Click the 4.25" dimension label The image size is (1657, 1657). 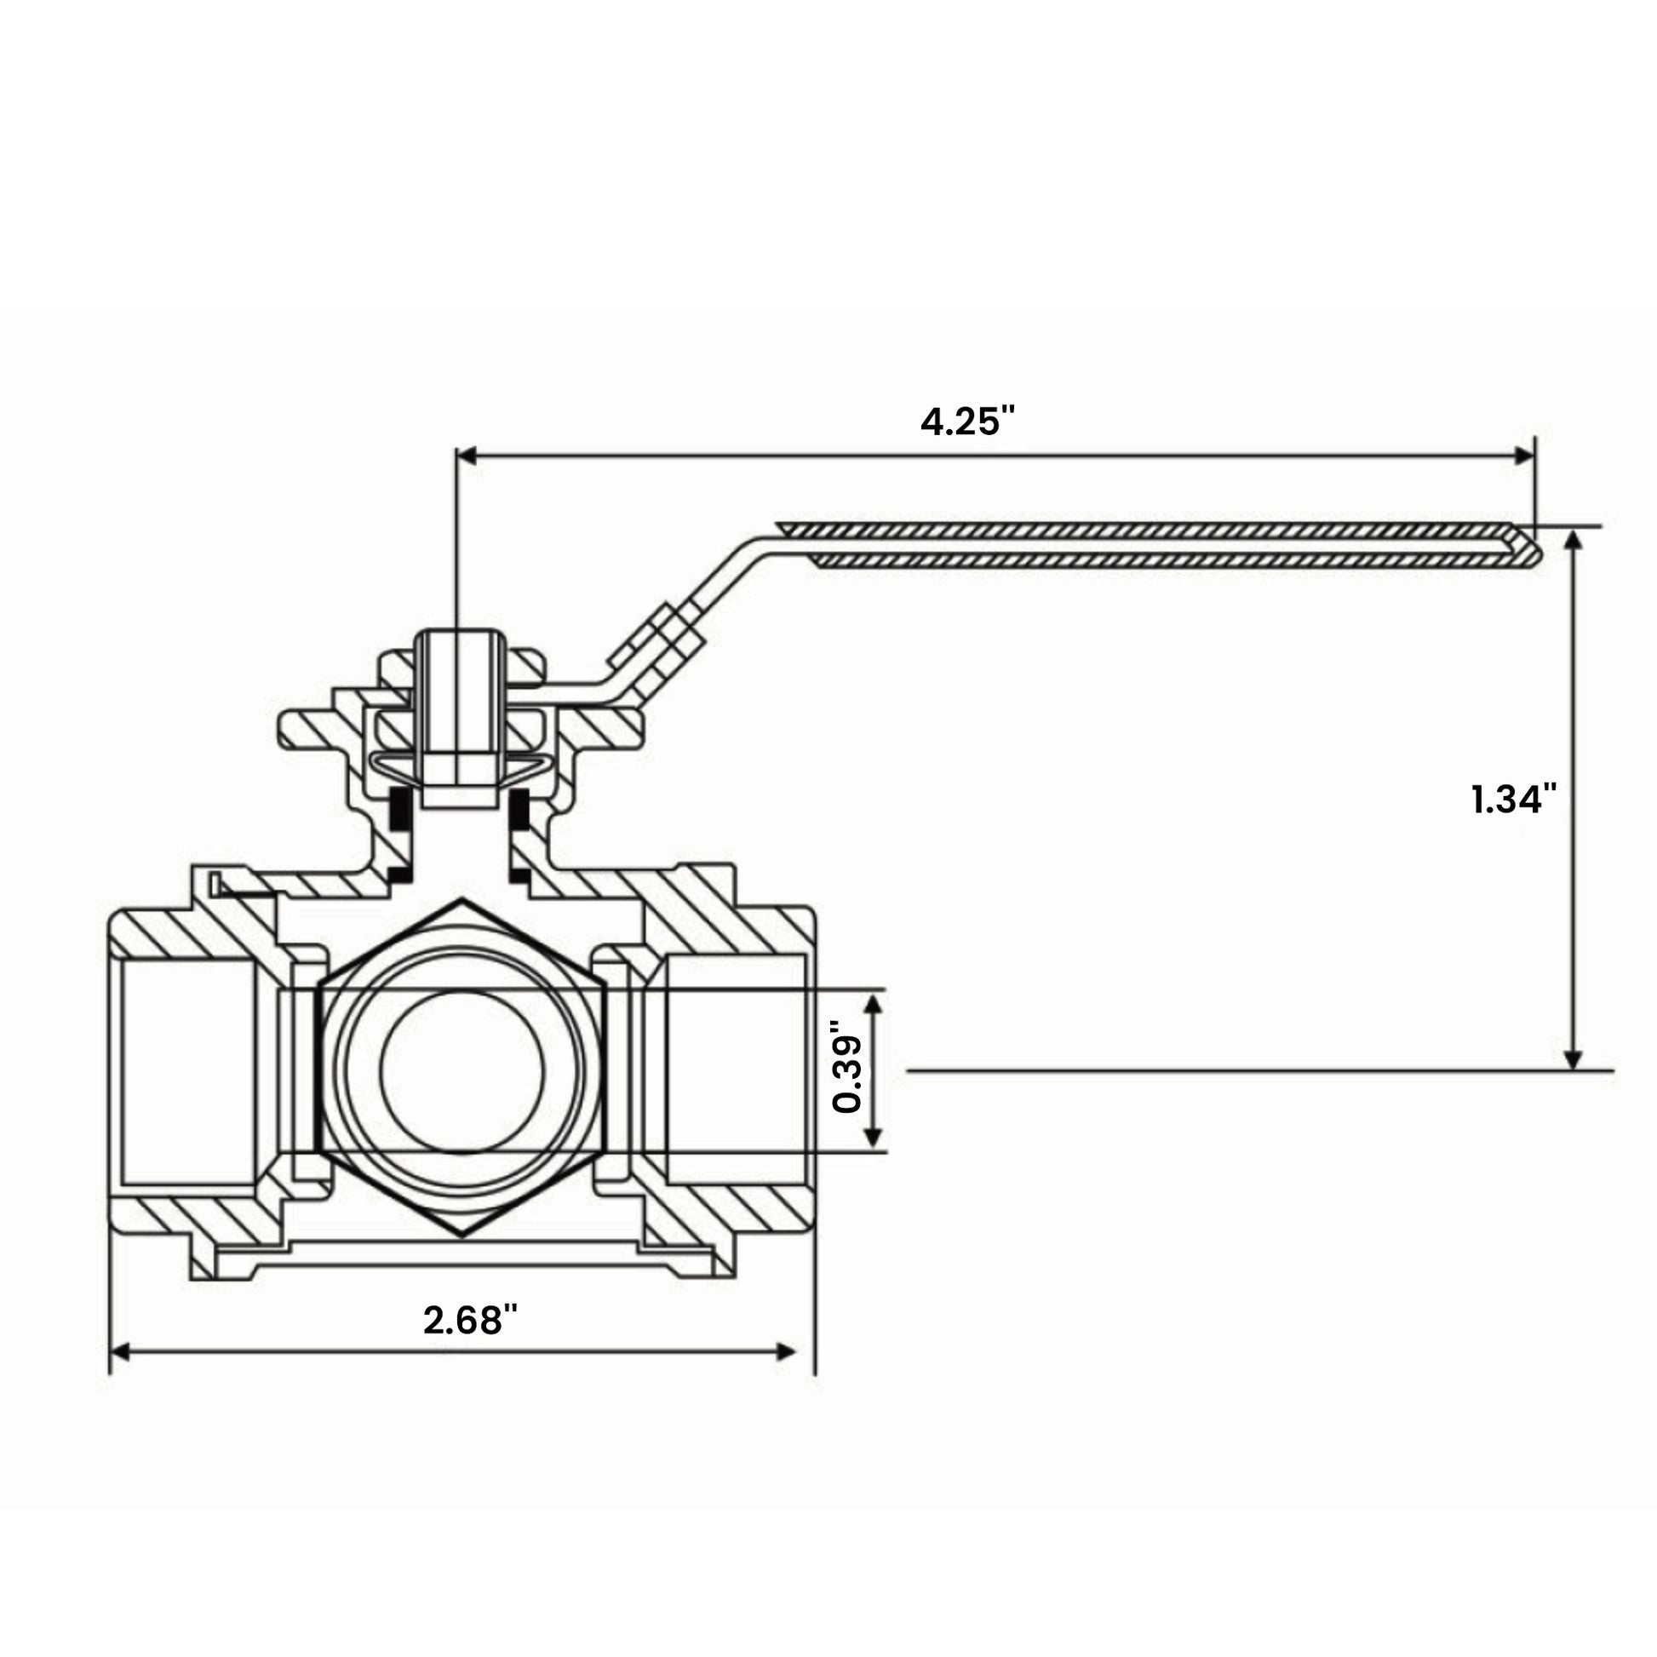[966, 421]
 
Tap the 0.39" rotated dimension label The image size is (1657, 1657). [847, 1071]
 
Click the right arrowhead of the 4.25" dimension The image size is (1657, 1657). [1524, 456]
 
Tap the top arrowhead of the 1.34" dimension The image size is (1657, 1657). [1573, 542]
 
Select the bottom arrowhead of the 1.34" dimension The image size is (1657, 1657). [1573, 1060]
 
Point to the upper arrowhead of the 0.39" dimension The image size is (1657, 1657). [872, 1003]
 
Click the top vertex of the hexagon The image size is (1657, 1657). [462, 901]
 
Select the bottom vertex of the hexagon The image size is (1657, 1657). [462, 1235]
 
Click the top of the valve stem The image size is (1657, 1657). [458, 634]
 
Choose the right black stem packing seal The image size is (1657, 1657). [519, 810]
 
